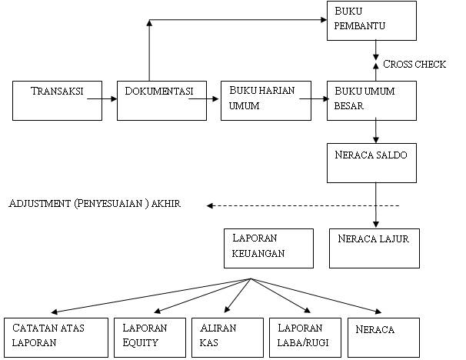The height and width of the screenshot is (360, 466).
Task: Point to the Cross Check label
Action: (x=414, y=64)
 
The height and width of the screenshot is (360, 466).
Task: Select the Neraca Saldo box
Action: (x=372, y=162)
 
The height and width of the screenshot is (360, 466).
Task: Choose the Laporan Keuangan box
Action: (x=268, y=248)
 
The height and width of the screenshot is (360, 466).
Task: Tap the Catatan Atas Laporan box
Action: (x=55, y=337)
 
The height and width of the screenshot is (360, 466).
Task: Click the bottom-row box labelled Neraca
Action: (x=384, y=337)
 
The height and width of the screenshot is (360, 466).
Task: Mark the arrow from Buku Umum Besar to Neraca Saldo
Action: (x=374, y=131)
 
